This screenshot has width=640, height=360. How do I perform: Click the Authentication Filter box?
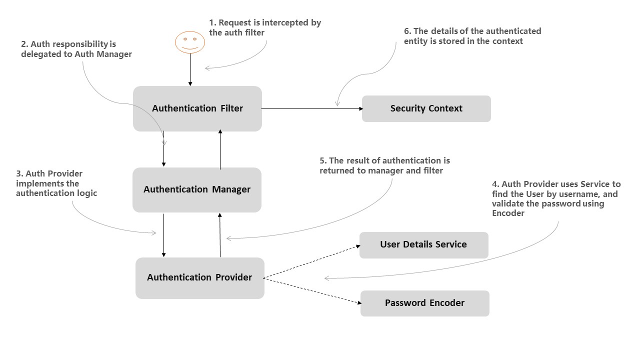197,108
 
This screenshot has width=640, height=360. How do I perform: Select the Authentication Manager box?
197,189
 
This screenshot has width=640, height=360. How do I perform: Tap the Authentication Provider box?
199,277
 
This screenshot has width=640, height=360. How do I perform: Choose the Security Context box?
426,108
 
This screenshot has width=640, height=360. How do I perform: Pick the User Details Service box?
423,244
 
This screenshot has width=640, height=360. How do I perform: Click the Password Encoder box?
424,303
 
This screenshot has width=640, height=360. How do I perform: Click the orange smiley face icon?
190,42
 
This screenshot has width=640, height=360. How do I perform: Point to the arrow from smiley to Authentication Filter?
190,70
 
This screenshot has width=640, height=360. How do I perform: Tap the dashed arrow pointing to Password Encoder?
311,290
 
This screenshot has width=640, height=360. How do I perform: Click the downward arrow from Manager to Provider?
164,234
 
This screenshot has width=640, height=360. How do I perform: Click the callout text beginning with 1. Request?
265,27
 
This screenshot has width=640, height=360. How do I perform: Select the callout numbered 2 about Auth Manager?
76,49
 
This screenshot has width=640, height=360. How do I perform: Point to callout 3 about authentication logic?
56,183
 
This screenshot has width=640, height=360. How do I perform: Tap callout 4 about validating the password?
556,198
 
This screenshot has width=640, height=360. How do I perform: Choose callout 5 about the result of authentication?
384,165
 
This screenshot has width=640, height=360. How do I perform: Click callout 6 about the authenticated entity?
472,36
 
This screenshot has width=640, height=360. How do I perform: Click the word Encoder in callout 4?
508,213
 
